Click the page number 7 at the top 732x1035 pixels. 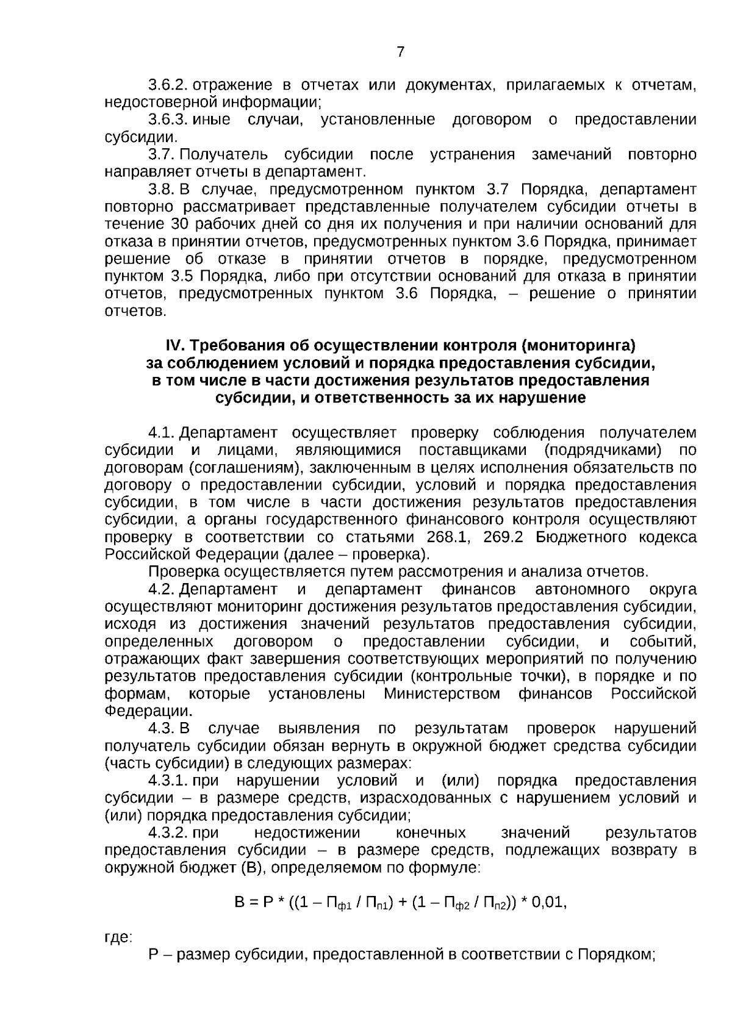tap(400, 52)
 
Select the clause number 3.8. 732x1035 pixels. tap(162, 189)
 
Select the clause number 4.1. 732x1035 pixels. tap(162, 433)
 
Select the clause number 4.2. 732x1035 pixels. tap(162, 590)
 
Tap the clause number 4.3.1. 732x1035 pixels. tap(168, 781)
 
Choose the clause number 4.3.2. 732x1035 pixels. tap(168, 833)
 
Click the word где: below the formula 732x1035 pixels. tap(118, 937)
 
